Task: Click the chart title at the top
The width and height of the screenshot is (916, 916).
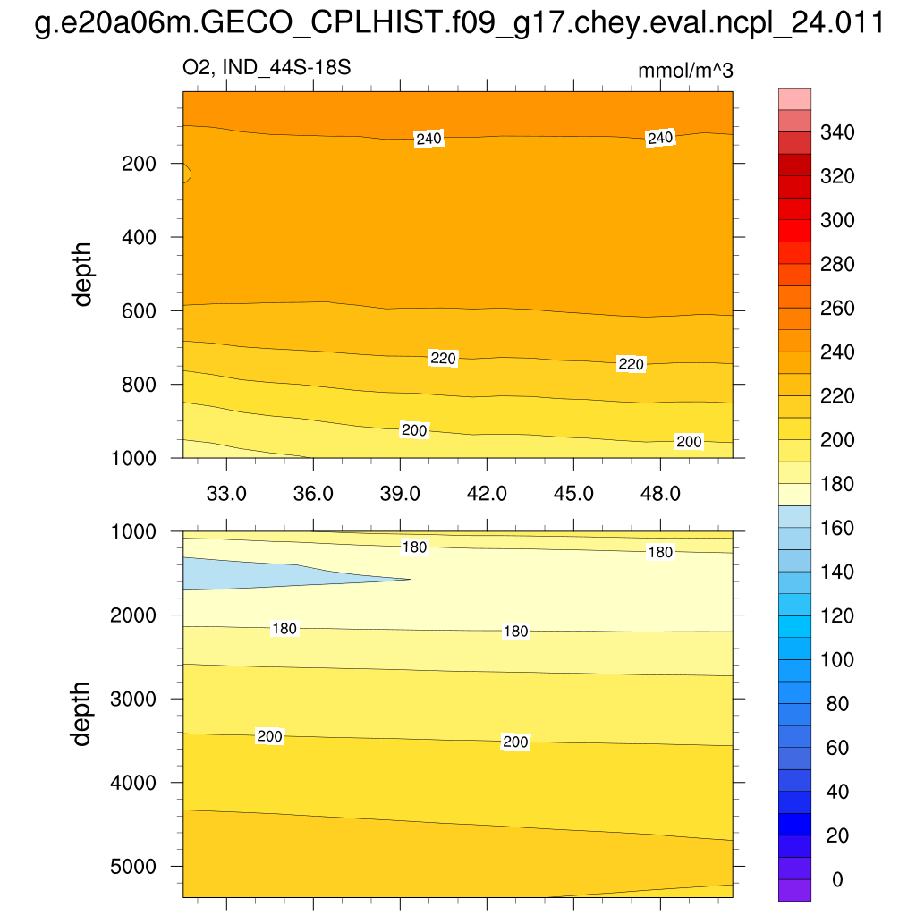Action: (x=458, y=24)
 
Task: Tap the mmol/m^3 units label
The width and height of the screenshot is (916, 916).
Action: (x=685, y=72)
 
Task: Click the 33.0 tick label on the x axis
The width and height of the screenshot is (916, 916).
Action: (x=227, y=493)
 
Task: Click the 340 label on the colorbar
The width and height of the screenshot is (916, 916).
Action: (x=837, y=133)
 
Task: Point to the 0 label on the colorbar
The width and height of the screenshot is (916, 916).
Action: (x=837, y=880)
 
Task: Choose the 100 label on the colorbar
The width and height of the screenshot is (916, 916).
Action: (x=837, y=660)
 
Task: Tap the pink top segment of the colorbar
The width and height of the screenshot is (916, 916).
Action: (x=794, y=98)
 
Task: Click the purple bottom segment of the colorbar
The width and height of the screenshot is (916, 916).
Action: (x=794, y=890)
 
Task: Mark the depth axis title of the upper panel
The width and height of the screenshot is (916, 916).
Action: (x=83, y=274)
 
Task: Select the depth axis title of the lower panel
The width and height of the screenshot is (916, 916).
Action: (x=83, y=713)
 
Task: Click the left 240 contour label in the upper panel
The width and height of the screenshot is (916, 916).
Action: (x=429, y=139)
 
